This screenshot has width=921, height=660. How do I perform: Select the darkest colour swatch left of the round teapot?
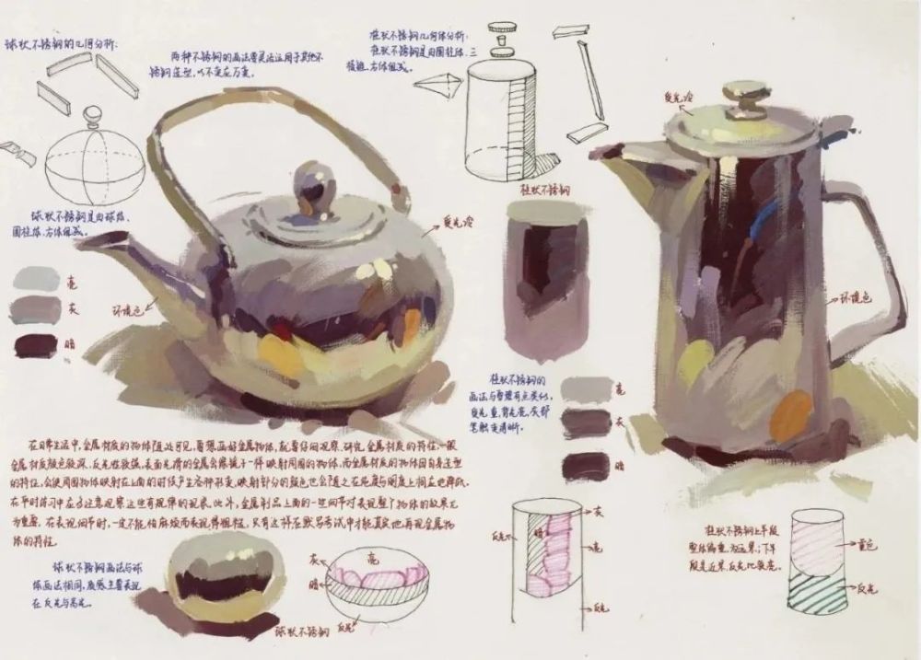point(37,345)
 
